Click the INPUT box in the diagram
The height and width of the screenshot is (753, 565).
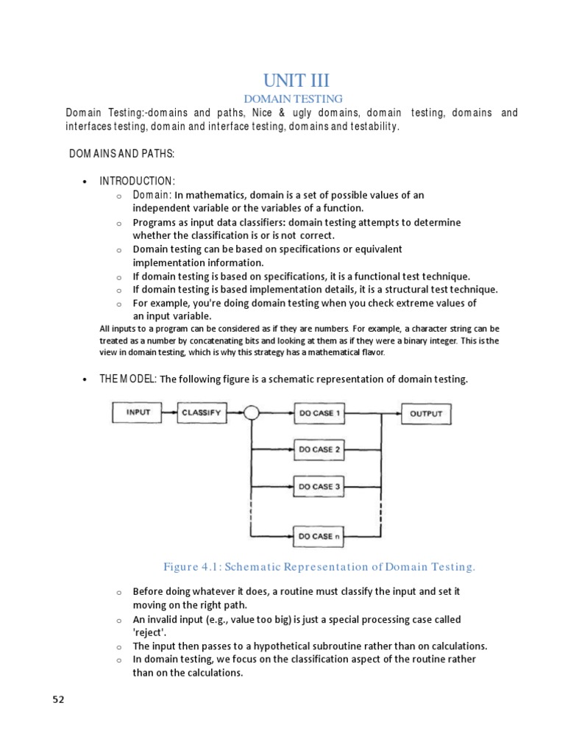coord(138,413)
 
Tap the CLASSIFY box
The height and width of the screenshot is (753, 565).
coord(201,413)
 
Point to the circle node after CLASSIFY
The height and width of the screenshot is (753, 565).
coord(252,413)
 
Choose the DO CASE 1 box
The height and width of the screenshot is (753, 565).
coord(319,413)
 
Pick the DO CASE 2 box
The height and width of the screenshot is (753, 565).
coord(319,449)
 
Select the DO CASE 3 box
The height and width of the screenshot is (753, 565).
coord(319,486)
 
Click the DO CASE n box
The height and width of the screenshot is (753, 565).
coord(319,536)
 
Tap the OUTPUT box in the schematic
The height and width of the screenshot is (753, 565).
coord(426,413)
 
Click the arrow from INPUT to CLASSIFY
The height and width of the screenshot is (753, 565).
coord(170,413)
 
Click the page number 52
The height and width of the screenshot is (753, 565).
coord(58,699)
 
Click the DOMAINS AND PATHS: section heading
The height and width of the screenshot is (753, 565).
coord(122,153)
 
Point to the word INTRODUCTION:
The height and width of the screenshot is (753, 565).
coord(138,181)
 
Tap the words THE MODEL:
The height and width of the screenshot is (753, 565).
coord(128,379)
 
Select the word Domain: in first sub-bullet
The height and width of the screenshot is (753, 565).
coord(152,195)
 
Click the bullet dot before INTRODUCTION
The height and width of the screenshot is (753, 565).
coord(86,182)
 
